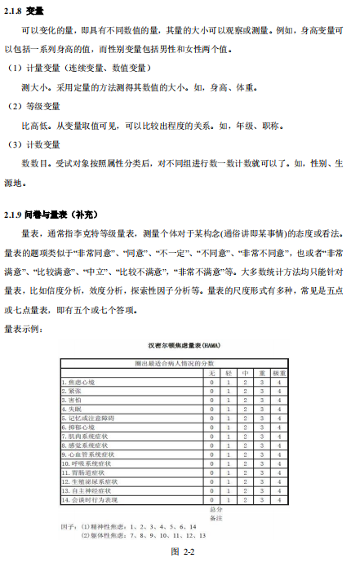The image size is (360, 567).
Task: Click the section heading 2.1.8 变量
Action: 24,11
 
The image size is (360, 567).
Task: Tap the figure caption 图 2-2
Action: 180,552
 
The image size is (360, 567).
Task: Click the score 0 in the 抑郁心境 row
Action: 211,427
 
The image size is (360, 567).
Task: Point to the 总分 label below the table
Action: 216,508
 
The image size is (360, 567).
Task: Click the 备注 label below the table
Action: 216,517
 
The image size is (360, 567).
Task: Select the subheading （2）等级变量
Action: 34,106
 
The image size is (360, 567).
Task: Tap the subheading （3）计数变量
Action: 34,144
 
